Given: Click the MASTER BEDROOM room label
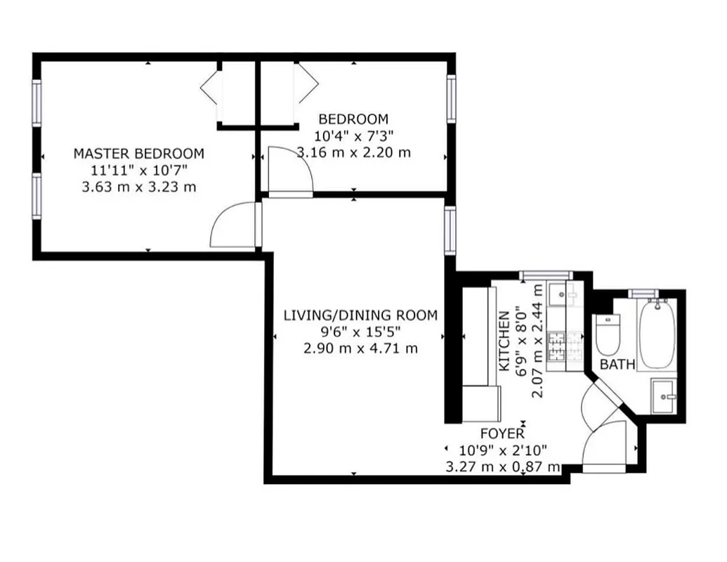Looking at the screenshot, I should click(x=139, y=153).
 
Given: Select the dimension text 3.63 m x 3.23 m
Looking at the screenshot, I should click(x=139, y=187).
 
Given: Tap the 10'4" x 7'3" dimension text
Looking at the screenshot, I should click(x=353, y=136).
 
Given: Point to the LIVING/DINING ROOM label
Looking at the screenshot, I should click(x=360, y=315).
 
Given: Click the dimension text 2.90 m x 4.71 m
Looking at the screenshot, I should click(x=360, y=348).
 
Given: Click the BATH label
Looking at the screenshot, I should click(x=618, y=365).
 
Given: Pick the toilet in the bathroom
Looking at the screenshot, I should click(x=607, y=335).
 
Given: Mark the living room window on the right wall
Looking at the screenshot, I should click(x=449, y=230).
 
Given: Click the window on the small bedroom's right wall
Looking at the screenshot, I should click(x=452, y=99).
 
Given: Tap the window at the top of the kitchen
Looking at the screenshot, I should click(x=546, y=274).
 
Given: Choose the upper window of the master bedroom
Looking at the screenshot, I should click(x=37, y=103).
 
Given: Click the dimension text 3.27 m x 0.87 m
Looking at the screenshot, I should click(x=503, y=466).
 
